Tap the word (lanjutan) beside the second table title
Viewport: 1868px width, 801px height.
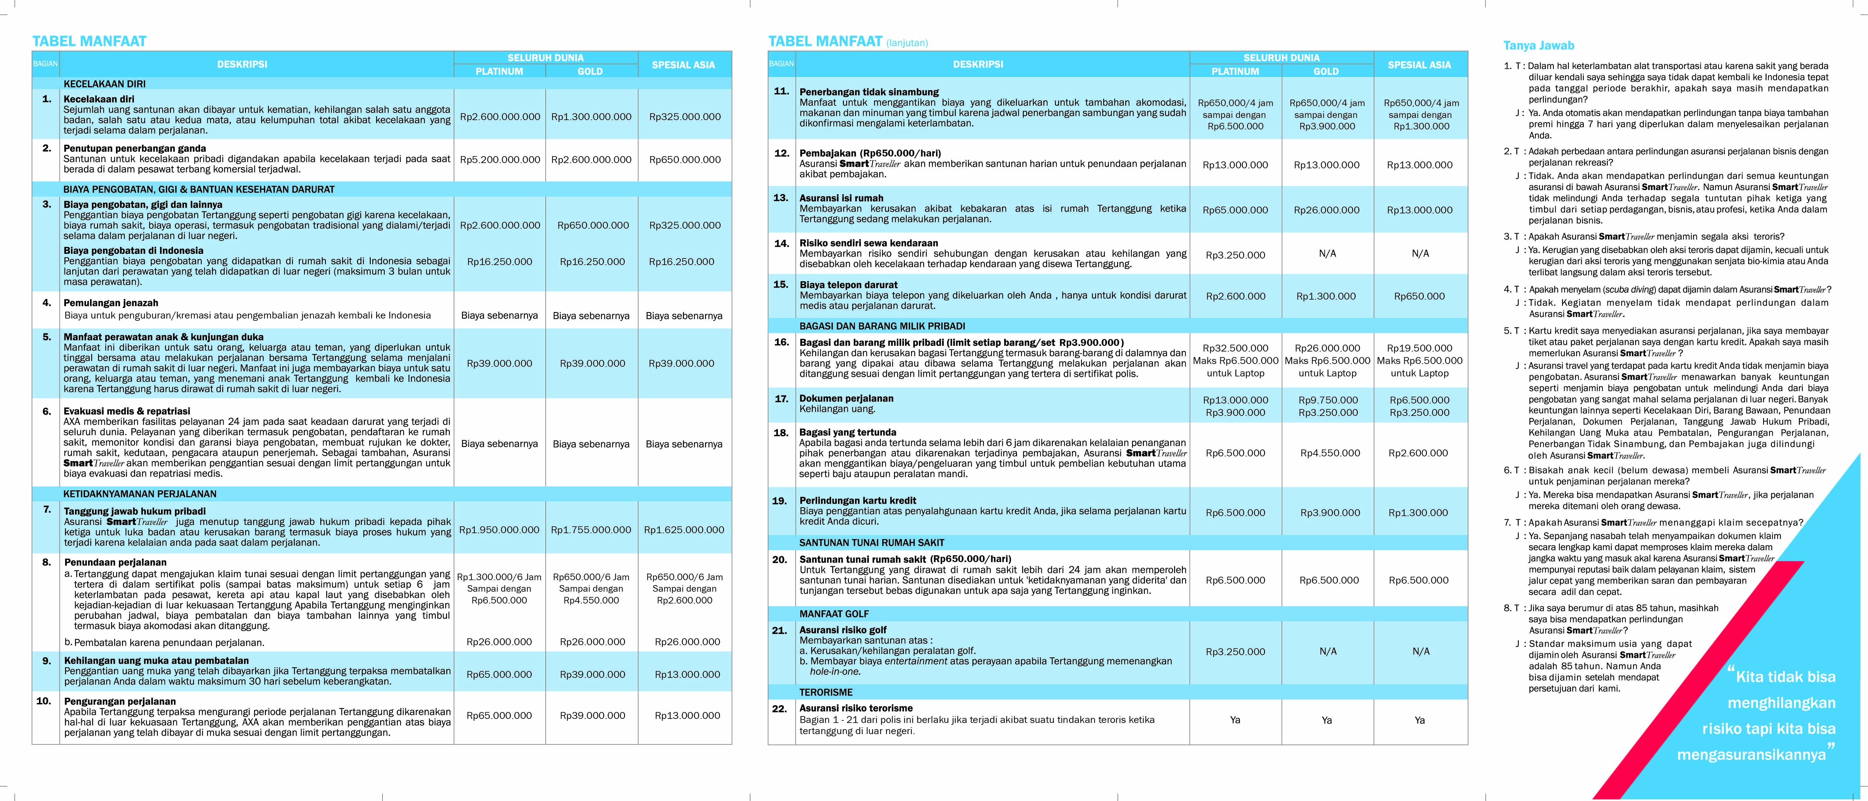pyautogui.click(x=906, y=43)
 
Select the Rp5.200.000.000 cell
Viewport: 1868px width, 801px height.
pyautogui.click(x=500, y=160)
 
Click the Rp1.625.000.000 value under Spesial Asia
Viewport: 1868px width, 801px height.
pyautogui.click(x=684, y=530)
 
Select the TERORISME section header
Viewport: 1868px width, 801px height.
pyautogui.click(x=826, y=692)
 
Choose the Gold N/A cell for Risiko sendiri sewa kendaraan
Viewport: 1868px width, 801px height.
pyautogui.click(x=1327, y=254)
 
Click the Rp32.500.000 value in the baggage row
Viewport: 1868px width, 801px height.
pyautogui.click(x=1235, y=348)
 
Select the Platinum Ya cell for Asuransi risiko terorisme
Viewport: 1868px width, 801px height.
pyautogui.click(x=1235, y=720)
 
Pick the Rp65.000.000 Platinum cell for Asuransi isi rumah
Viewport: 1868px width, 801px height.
pyautogui.click(x=1235, y=210)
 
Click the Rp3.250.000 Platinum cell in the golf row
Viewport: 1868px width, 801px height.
pyautogui.click(x=1235, y=652)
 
